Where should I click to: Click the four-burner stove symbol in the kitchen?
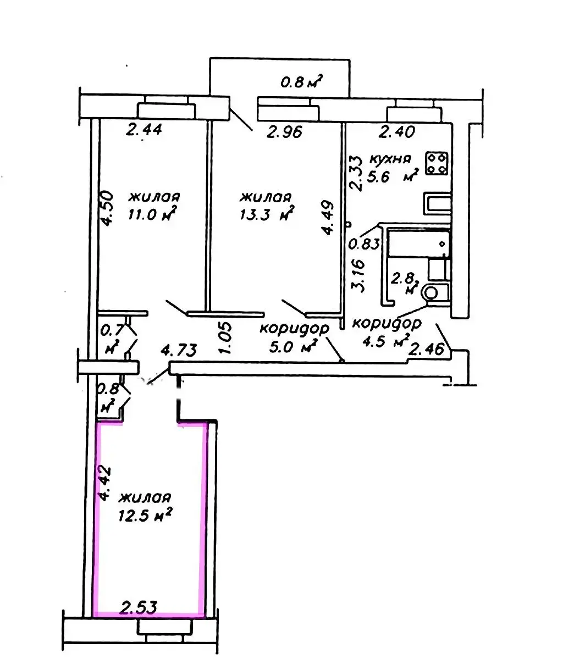pos(438,163)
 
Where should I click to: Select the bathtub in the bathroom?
pos(418,243)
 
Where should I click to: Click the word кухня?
pos(390,159)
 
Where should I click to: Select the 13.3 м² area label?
pos(265,214)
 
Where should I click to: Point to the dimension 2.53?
pos(139,607)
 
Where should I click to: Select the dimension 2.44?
pos(144,130)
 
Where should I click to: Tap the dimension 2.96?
pos(285,132)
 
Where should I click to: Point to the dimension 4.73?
pos(177,350)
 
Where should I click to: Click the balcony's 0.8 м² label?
pos(301,83)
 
